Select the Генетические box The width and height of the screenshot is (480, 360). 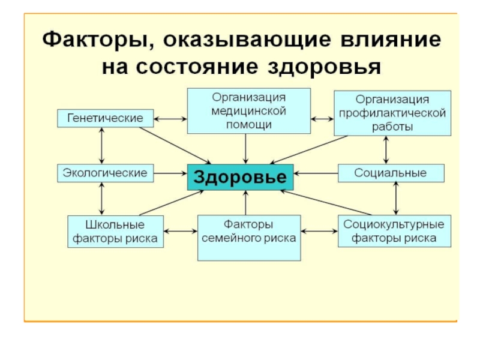point(105,118)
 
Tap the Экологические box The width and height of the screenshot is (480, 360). point(105,173)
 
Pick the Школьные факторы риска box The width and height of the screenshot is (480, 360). point(115,232)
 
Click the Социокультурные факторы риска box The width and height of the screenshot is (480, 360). point(394,232)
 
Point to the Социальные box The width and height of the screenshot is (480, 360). point(391,173)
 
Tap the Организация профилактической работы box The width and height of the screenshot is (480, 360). point(392,113)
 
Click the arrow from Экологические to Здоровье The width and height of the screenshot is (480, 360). point(170,173)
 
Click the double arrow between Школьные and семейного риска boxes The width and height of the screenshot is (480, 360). point(181,231)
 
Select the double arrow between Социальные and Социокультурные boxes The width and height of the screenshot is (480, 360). point(395,199)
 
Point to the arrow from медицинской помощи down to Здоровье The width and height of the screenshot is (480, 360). point(245,148)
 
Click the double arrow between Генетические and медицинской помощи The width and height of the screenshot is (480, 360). point(170,119)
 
